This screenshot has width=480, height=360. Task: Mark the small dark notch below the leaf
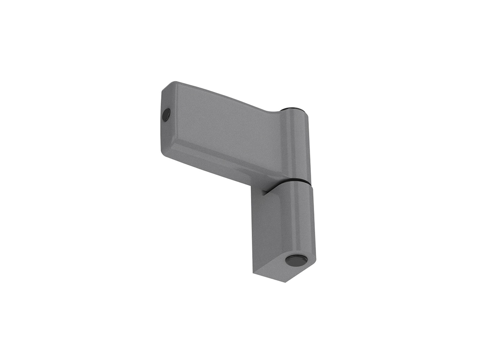(x=264, y=192)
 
